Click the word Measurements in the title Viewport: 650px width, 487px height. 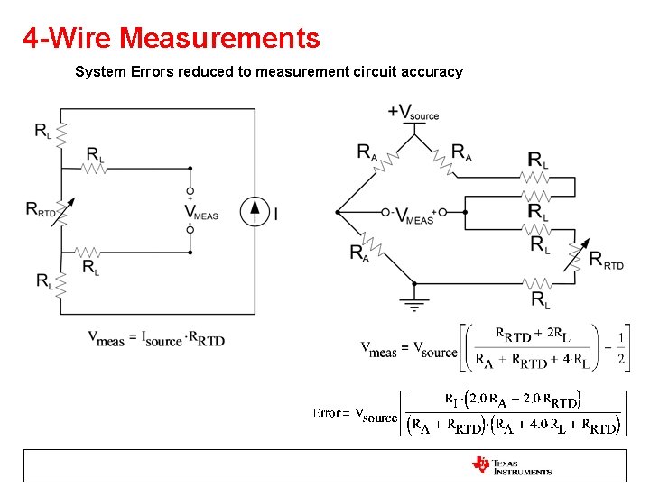219,39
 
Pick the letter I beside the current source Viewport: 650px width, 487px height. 275,214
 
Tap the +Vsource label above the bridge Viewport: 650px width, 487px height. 413,113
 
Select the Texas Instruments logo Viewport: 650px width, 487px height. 511,465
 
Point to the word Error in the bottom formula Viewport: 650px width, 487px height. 327,413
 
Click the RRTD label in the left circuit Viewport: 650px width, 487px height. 42,210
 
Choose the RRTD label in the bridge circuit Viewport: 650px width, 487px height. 606,261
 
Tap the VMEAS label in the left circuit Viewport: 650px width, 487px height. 200,212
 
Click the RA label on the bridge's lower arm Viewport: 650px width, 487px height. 359,253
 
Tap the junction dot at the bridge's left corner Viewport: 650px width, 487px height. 337,213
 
